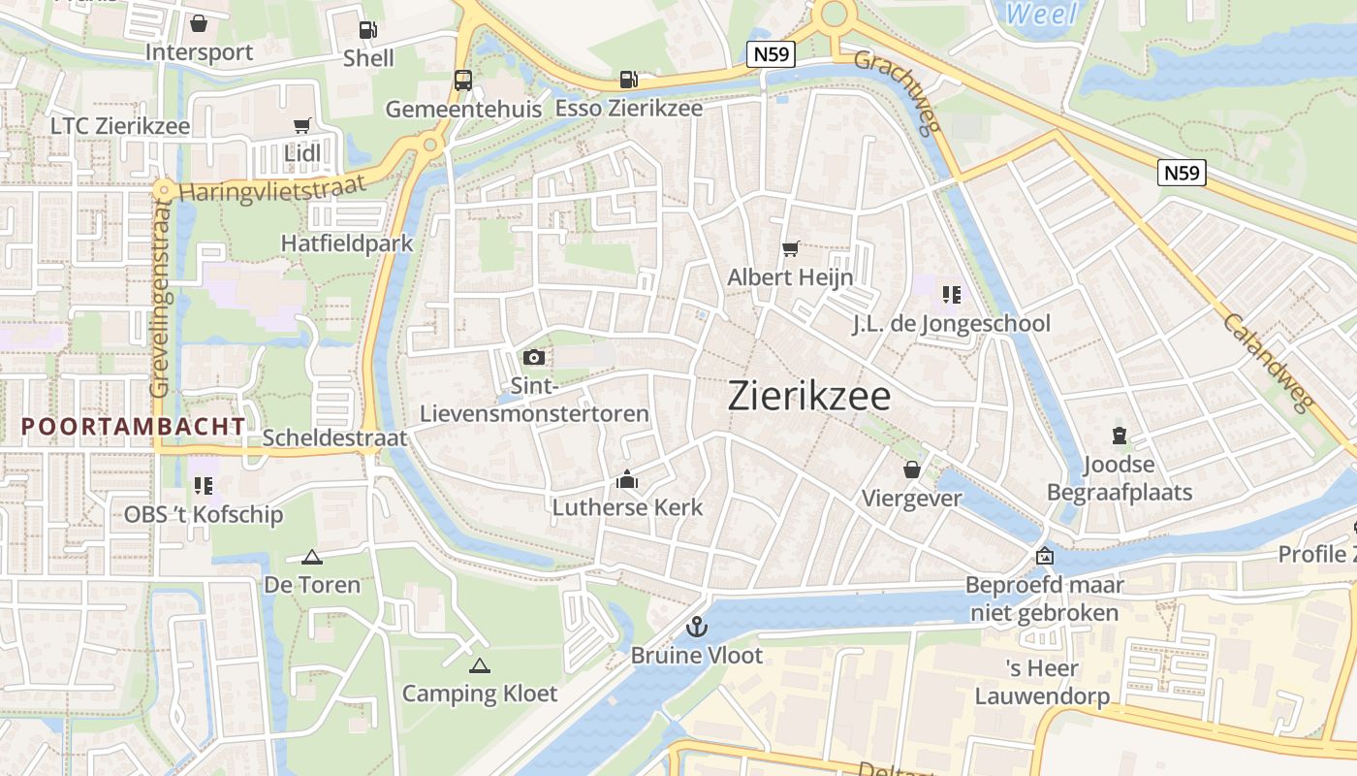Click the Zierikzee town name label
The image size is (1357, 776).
(x=808, y=396)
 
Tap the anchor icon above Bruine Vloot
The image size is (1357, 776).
(x=696, y=627)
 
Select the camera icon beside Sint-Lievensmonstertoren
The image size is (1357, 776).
(x=533, y=358)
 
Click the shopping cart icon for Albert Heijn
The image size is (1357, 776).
(x=790, y=249)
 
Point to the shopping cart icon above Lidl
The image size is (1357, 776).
(x=301, y=126)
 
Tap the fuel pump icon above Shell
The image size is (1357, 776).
(x=368, y=30)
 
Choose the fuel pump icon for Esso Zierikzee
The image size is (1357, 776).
(x=629, y=80)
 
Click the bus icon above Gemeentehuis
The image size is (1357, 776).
(x=463, y=81)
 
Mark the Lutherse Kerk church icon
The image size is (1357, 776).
(x=627, y=479)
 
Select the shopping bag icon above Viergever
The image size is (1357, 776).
(x=911, y=470)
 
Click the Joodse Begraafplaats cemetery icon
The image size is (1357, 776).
(x=1120, y=436)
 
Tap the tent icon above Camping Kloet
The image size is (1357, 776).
(x=479, y=665)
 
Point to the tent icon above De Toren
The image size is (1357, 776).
(x=311, y=557)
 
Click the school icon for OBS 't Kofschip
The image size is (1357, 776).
(x=203, y=485)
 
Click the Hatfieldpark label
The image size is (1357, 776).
(x=347, y=242)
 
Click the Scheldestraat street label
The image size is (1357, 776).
(x=335, y=438)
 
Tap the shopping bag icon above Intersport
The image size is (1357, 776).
(x=199, y=23)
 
